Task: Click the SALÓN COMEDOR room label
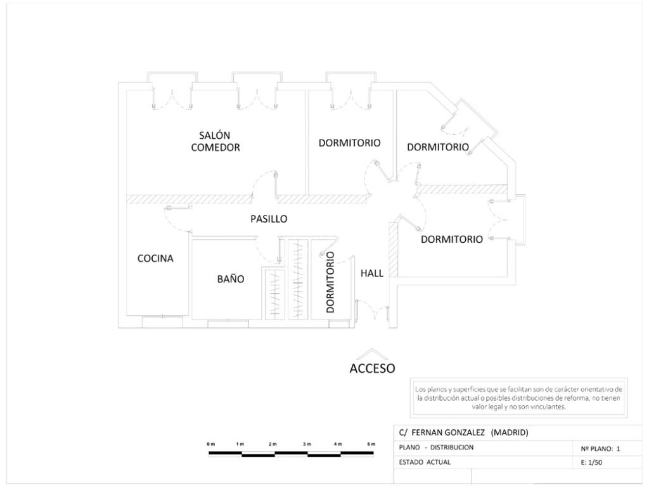tap(215, 141)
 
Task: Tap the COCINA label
tap(155, 258)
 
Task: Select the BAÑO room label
tap(231, 279)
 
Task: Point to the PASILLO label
tap(269, 219)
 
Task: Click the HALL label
tap(372, 273)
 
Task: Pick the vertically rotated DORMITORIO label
tap(330, 282)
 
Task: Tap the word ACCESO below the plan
tap(372, 368)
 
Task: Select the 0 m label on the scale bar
tap(211, 444)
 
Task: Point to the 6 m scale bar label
tap(371, 444)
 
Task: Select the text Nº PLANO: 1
tap(600, 448)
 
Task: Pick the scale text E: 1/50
tap(592, 462)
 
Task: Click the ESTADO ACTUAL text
tap(425, 462)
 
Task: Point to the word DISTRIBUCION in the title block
tap(453, 448)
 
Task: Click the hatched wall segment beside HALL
tap(393, 249)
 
